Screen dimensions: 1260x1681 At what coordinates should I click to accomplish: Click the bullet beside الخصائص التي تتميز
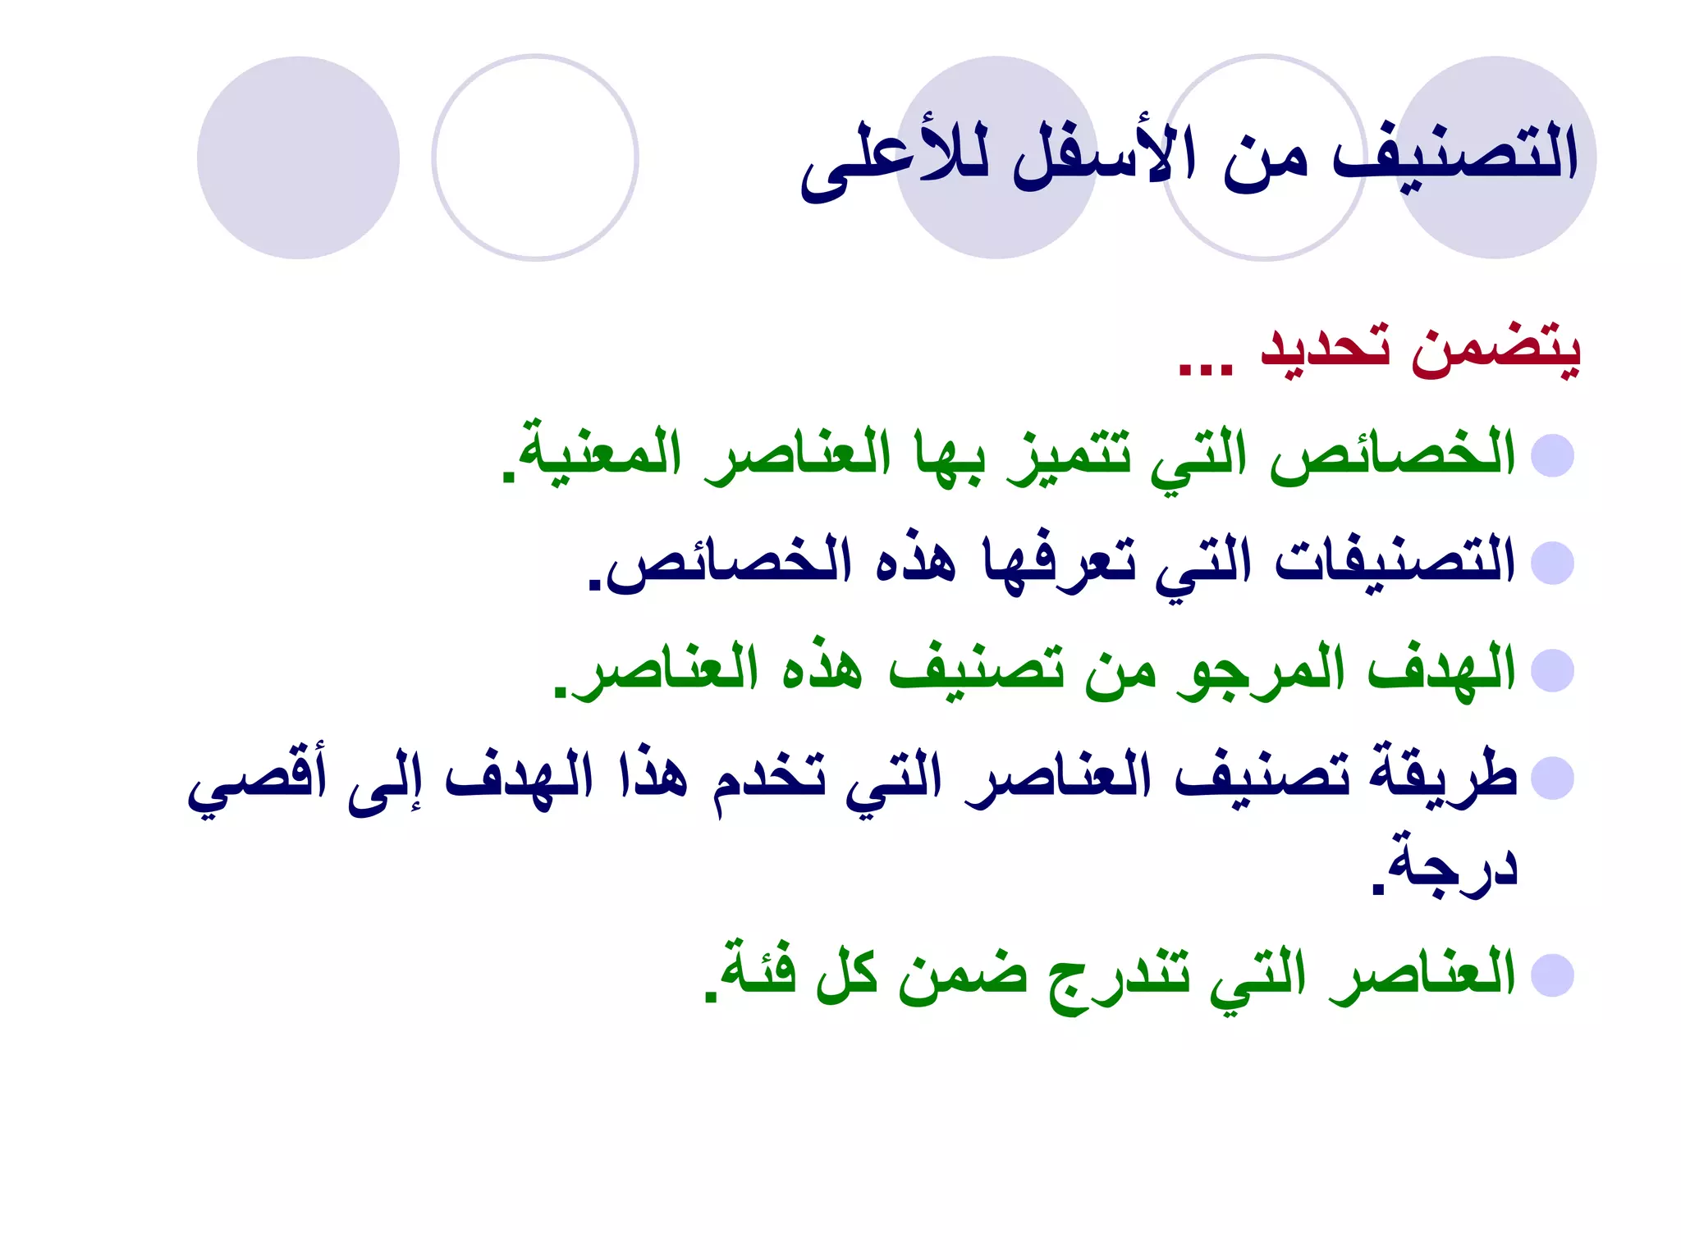point(1552,456)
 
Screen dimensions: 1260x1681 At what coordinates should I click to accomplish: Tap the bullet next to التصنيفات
point(1552,564)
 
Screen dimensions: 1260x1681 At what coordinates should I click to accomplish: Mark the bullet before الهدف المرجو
point(1552,671)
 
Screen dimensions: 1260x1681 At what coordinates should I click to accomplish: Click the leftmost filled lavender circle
point(298,157)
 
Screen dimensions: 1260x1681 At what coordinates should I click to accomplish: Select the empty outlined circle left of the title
point(535,157)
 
